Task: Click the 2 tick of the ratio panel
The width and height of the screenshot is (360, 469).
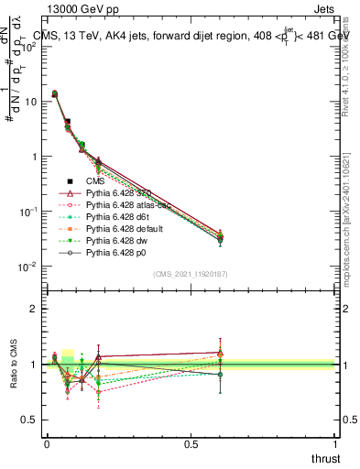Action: pyautogui.click(x=33, y=309)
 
